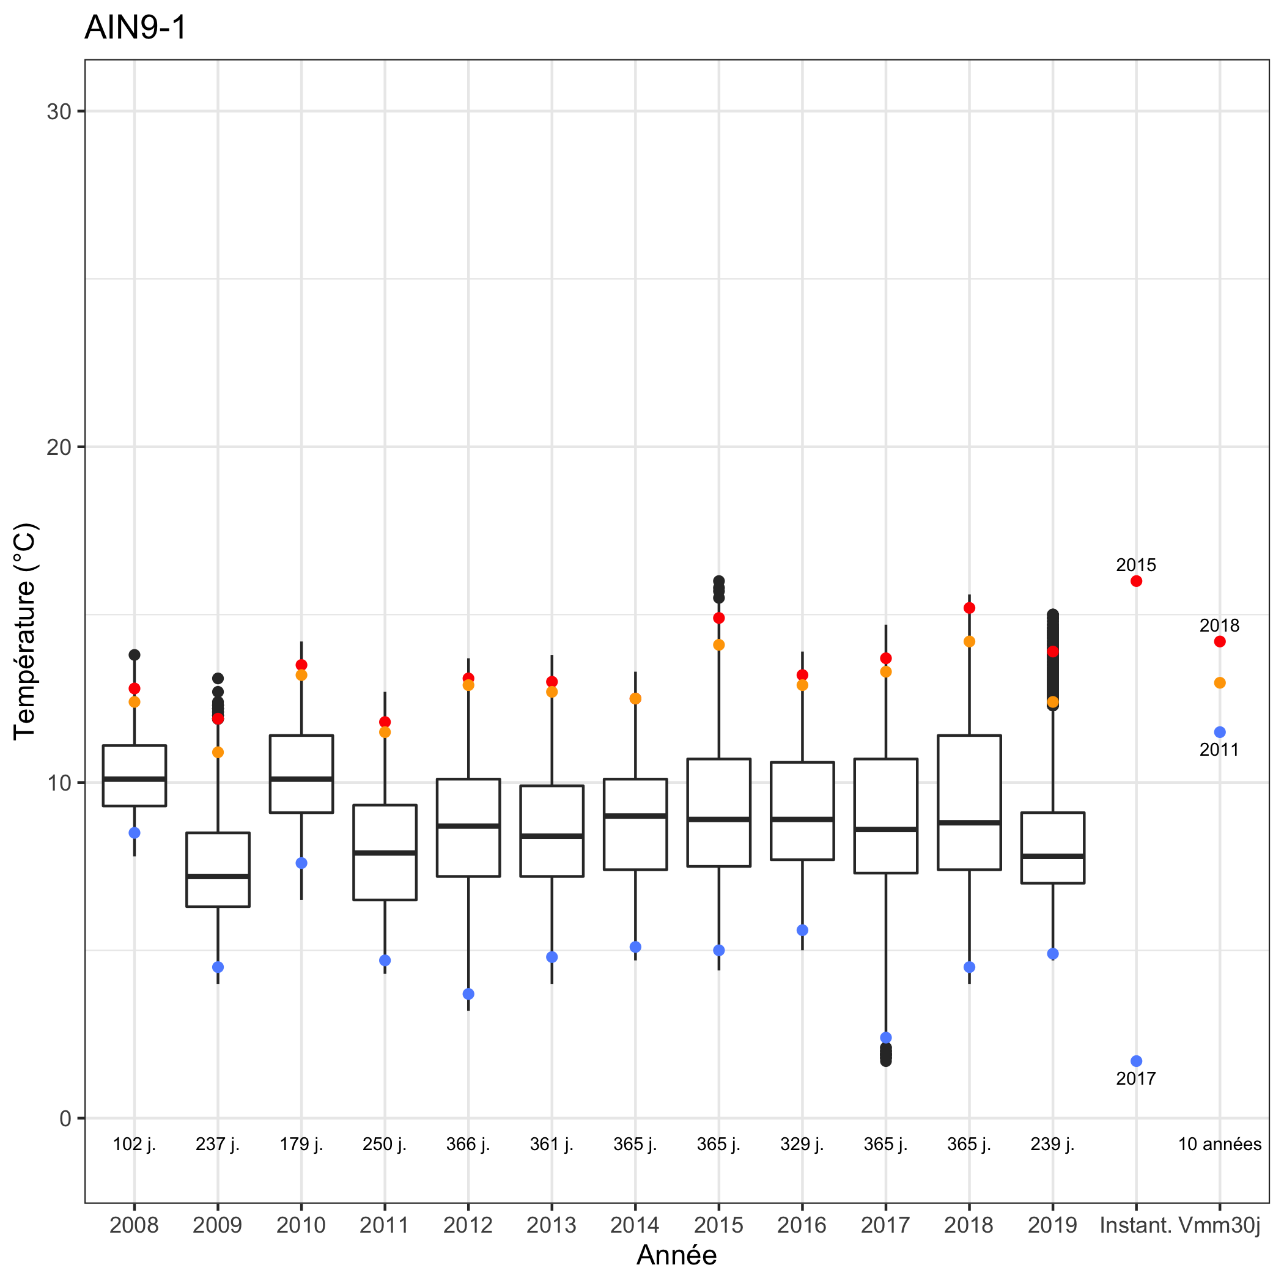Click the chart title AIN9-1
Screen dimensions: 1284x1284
(136, 28)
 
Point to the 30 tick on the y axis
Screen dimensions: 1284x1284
(59, 112)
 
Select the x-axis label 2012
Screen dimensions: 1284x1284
(468, 1225)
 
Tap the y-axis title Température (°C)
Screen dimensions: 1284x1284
(25, 632)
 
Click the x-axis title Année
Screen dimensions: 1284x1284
(677, 1255)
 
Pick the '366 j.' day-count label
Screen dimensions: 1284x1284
(468, 1144)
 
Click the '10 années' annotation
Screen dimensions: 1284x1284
(1220, 1144)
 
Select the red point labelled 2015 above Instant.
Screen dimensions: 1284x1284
(1137, 581)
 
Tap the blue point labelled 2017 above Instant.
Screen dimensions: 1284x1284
(1137, 1061)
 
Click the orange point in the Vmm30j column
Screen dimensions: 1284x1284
(1220, 682)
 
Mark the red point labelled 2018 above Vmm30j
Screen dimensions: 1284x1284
(1220, 641)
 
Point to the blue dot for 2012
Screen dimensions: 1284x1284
(468, 994)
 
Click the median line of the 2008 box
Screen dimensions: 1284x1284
(135, 778)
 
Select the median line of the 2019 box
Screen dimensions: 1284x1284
(1053, 856)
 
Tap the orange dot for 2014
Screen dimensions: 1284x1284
(635, 698)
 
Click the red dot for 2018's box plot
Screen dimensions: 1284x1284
(970, 608)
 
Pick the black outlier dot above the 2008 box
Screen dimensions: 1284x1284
(135, 655)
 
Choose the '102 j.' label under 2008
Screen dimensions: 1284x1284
(135, 1144)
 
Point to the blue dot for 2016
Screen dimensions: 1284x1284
(802, 930)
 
